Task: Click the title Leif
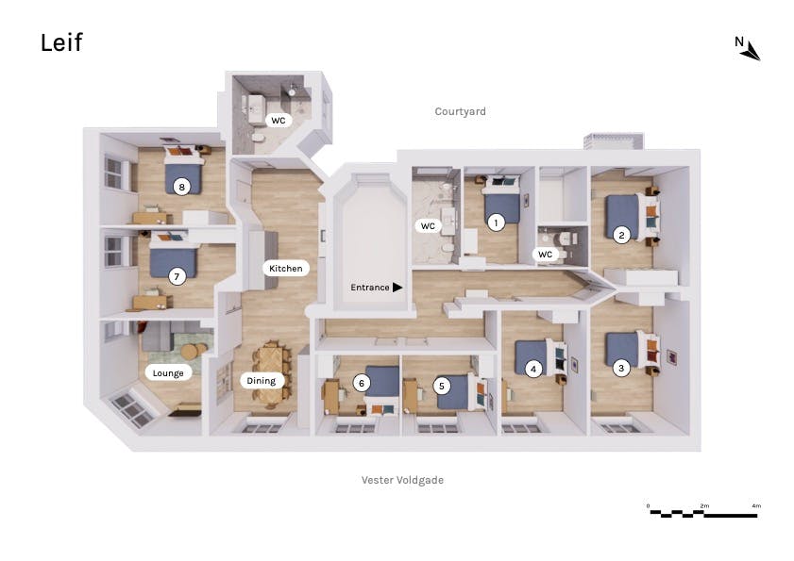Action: [61, 42]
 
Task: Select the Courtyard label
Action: [461, 111]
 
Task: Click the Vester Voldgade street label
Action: [402, 480]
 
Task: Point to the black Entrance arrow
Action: [397, 288]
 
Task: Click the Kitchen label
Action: [286, 268]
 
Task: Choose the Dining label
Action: [262, 380]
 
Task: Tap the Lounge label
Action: [168, 372]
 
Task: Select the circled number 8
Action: [182, 188]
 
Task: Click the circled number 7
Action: [177, 276]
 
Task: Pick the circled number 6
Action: [362, 383]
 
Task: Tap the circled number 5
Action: [442, 386]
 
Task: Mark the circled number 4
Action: [532, 370]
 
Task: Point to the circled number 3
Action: [621, 368]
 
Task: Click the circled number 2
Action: [621, 235]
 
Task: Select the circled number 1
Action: [496, 223]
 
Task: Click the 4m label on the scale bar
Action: [756, 505]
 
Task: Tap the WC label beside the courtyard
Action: [278, 121]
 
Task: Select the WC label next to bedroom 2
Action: [545, 254]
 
